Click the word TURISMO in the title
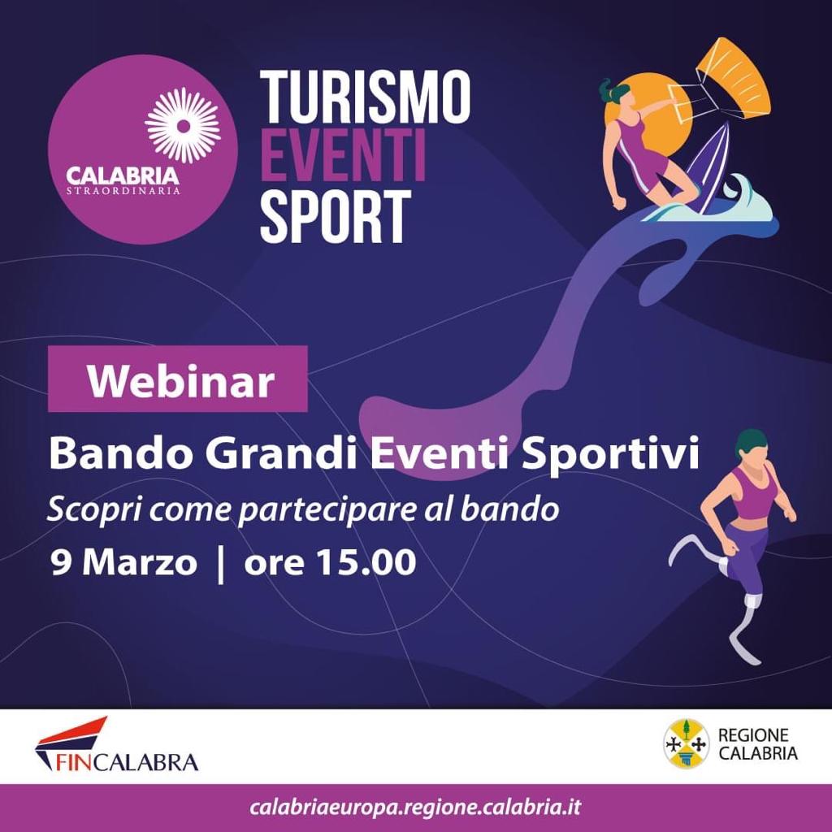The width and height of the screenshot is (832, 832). pos(365,97)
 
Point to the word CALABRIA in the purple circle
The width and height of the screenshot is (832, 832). pos(123,175)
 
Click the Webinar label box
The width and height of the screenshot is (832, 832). pos(178,379)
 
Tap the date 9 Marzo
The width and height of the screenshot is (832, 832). pos(123,562)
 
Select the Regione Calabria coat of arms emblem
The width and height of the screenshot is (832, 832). pos(687,743)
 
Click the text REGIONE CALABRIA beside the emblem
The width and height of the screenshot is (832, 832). pos(757,744)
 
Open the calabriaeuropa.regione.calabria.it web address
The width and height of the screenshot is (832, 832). pos(416,808)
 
